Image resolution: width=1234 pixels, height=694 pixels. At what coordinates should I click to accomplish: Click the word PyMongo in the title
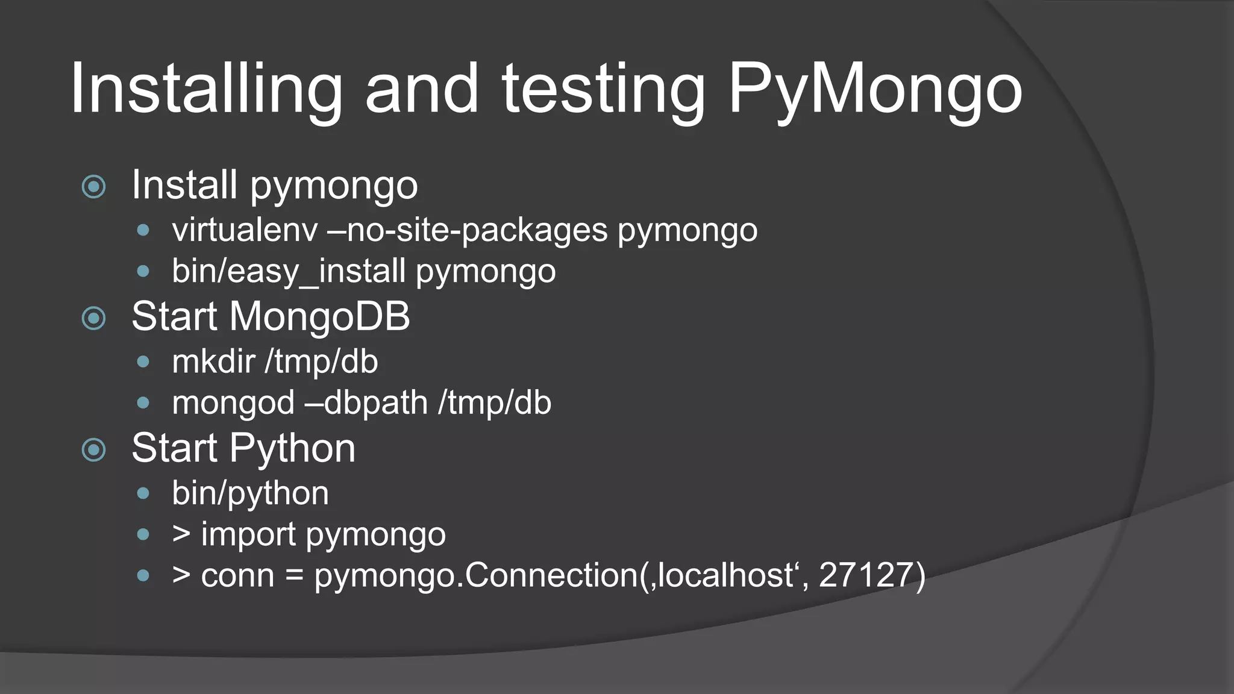(x=875, y=90)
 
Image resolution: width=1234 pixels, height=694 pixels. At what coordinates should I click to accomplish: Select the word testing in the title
(x=603, y=90)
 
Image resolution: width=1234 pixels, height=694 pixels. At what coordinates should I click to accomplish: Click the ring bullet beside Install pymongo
(x=93, y=187)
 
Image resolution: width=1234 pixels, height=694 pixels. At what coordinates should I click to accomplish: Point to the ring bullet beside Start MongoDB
(x=93, y=318)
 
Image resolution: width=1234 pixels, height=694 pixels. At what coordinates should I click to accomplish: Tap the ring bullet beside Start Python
(x=93, y=450)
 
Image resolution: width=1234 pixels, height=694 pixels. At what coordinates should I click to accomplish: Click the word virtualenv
(x=245, y=230)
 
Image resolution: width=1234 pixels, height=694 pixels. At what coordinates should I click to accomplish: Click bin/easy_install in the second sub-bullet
(x=288, y=272)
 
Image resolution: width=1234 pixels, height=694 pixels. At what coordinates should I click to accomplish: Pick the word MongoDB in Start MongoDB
(x=319, y=316)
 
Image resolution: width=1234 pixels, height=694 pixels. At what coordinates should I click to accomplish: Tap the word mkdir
(x=213, y=361)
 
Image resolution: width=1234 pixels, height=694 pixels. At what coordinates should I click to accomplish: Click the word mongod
(x=233, y=403)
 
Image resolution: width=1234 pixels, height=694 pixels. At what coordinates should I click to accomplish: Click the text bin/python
(x=250, y=493)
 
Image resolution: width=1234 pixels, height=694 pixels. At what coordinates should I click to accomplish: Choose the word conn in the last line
(x=237, y=576)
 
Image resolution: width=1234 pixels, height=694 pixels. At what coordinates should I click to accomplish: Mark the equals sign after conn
(x=294, y=576)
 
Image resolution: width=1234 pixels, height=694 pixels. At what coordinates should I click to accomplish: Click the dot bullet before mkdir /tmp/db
(x=143, y=362)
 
